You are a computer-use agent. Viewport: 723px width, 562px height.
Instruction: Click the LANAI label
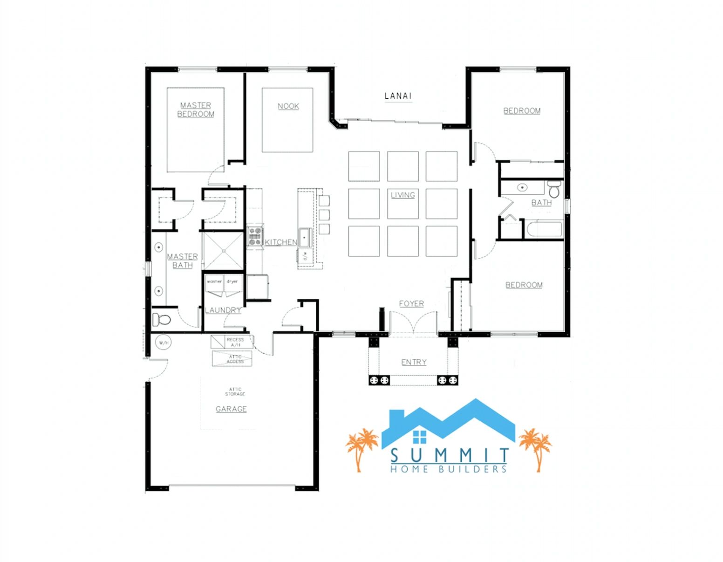pyautogui.click(x=398, y=96)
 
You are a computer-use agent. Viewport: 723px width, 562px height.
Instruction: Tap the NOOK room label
pyautogui.click(x=288, y=106)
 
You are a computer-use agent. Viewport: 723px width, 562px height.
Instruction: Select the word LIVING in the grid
pyautogui.click(x=402, y=195)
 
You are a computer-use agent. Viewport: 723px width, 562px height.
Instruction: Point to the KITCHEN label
pyautogui.click(x=281, y=242)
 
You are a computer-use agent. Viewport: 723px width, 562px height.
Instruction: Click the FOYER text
pyautogui.click(x=411, y=304)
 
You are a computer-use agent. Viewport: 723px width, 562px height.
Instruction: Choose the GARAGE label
pyautogui.click(x=231, y=409)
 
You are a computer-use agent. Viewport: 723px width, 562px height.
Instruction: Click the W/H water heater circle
pyautogui.click(x=163, y=343)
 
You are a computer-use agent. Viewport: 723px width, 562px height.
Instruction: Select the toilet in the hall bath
pyautogui.click(x=554, y=190)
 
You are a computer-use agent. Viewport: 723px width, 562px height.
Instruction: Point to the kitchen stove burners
pyautogui.click(x=255, y=236)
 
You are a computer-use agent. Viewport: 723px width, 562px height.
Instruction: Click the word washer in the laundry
pyautogui.click(x=214, y=281)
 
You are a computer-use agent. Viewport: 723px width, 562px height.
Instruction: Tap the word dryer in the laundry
pyautogui.click(x=232, y=281)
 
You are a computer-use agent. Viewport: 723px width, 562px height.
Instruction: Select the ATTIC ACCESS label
pyautogui.click(x=235, y=359)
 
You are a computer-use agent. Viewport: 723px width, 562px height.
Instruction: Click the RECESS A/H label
pyautogui.click(x=235, y=342)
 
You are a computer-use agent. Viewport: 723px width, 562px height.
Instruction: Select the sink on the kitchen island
pyautogui.click(x=306, y=237)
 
